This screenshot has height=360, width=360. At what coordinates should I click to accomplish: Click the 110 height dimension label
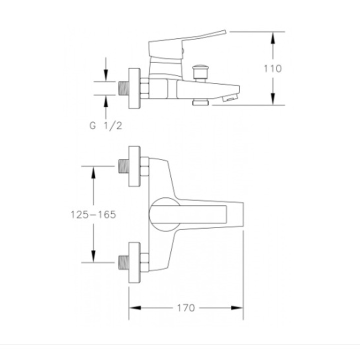pyautogui.click(x=272, y=68)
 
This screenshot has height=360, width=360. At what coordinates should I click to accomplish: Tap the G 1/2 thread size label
pyautogui.click(x=105, y=126)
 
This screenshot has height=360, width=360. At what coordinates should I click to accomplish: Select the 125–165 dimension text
pyautogui.click(x=93, y=214)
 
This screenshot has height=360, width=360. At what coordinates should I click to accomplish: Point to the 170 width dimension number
pyautogui.click(x=185, y=308)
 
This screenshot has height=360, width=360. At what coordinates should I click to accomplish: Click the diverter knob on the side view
pyautogui.click(x=200, y=72)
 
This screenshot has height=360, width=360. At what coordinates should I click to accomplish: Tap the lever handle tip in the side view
pyautogui.click(x=225, y=32)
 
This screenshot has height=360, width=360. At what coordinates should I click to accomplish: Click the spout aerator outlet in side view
pyautogui.click(x=229, y=98)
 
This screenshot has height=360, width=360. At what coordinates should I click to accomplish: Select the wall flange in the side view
pyautogui.click(x=134, y=88)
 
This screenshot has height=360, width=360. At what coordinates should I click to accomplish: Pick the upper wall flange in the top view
pyautogui.click(x=134, y=166)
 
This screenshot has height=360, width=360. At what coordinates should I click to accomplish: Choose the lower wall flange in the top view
pyautogui.click(x=134, y=262)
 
